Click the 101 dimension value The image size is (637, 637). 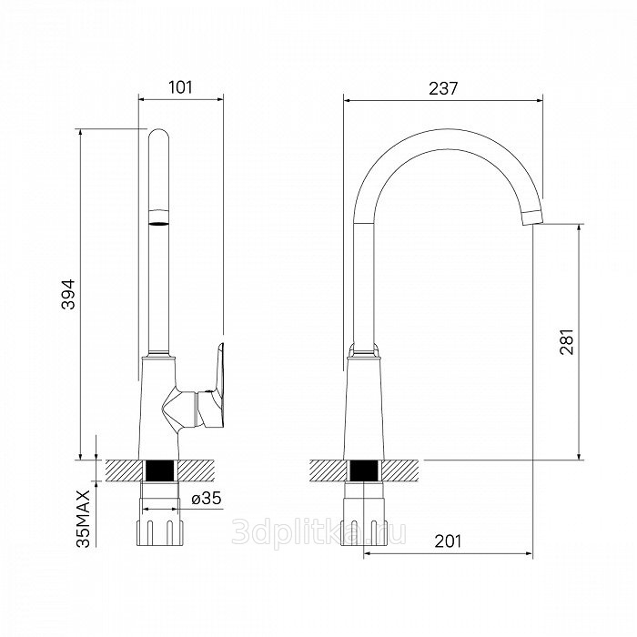[180, 87]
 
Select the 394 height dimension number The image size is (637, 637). [68, 295]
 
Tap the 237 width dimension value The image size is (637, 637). [443, 88]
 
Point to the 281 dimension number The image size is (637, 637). [567, 342]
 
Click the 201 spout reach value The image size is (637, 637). [448, 541]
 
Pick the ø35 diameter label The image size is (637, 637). [207, 498]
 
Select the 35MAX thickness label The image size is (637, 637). [84, 519]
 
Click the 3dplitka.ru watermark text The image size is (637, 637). [318, 532]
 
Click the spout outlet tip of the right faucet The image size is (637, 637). [532, 217]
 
